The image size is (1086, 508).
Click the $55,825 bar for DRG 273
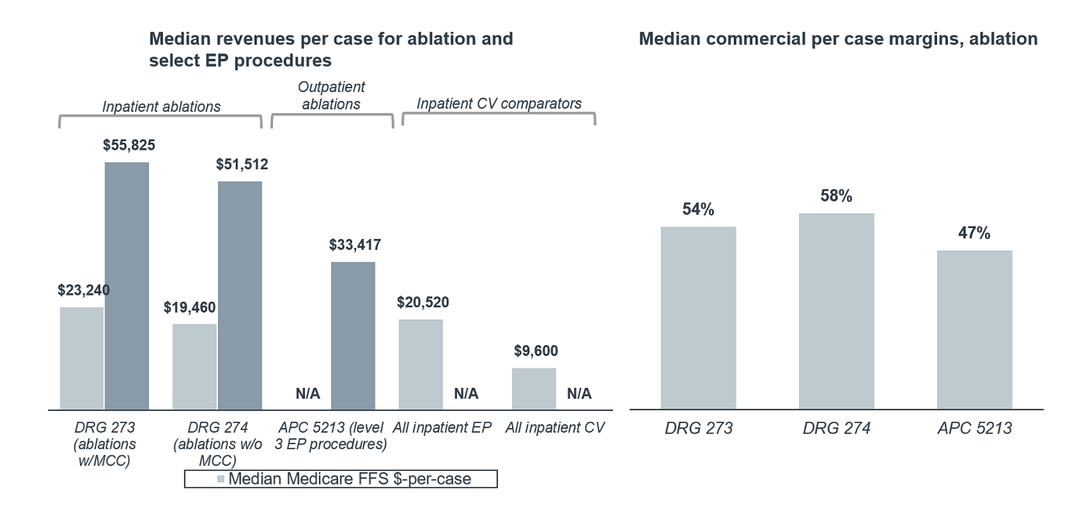coord(126,285)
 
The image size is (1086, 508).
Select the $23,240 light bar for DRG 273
coord(81,358)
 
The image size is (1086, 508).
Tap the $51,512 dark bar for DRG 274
coord(240,295)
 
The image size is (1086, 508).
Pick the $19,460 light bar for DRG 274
coord(195,366)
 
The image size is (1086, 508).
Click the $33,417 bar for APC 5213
coord(353,335)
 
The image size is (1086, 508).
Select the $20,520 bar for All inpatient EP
coord(420,364)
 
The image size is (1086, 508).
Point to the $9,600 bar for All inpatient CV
coord(534,389)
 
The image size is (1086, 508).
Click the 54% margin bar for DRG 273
coord(698,318)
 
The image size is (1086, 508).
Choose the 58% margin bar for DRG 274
coord(836,311)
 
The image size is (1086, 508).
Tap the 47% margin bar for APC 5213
coord(974,330)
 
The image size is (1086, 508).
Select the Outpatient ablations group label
coord(332,95)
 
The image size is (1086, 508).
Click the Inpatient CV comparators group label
coord(499,102)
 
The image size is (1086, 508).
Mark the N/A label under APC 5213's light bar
coord(308,394)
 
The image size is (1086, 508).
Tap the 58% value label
coord(836,196)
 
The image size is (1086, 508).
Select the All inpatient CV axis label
coord(554,427)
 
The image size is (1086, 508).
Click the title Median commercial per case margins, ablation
coord(838,39)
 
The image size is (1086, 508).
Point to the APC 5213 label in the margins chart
coord(974,427)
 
